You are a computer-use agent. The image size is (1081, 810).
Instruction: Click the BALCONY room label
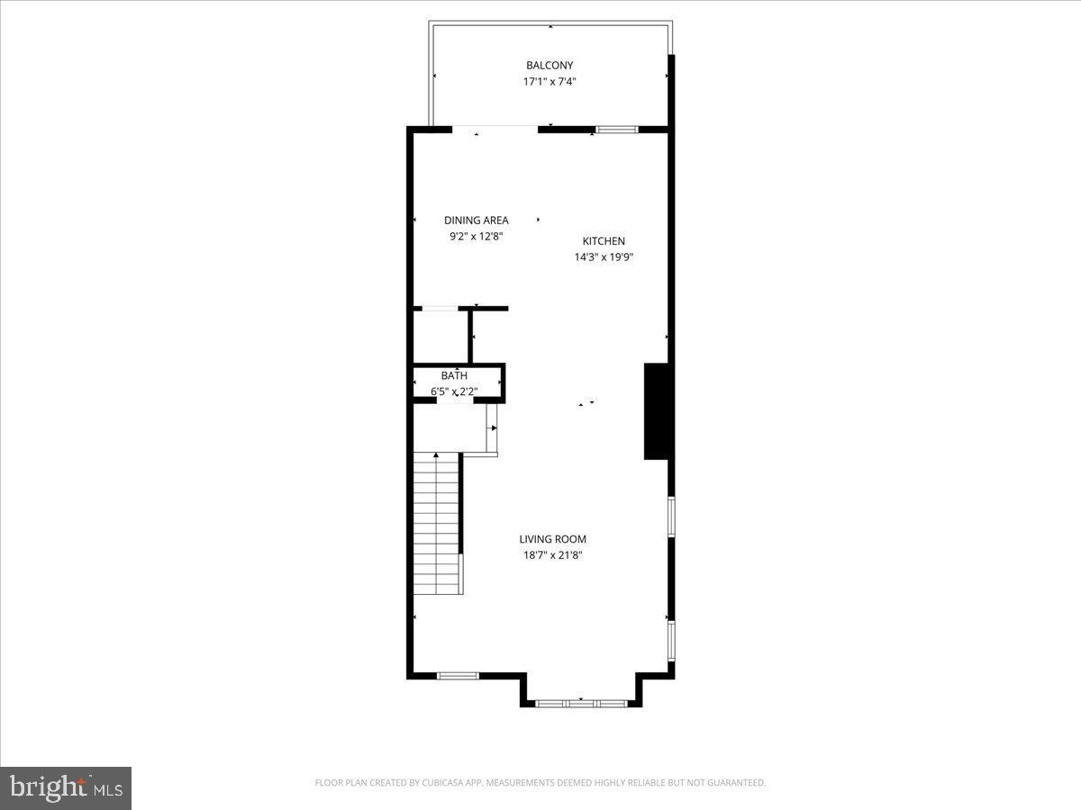point(550,65)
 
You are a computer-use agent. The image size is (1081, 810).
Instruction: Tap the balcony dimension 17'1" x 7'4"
point(550,81)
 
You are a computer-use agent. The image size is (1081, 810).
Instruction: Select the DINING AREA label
point(477,220)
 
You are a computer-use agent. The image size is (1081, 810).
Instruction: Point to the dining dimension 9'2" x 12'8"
point(477,236)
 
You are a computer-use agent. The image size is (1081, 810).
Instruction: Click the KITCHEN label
point(604,240)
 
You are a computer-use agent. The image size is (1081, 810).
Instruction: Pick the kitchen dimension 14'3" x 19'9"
point(604,256)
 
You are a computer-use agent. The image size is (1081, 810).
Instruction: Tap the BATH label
point(455,375)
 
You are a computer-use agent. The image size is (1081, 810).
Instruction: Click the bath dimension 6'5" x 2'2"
point(455,391)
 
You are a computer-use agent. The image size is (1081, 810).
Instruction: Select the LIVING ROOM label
point(552,539)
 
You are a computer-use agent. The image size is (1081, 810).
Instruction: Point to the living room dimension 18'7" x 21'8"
point(552,555)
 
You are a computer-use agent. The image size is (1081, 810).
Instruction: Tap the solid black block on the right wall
point(656,411)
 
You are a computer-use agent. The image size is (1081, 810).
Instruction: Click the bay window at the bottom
point(581,703)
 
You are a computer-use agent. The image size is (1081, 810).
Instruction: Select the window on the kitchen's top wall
point(617,130)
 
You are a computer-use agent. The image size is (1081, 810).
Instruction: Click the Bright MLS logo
point(66,787)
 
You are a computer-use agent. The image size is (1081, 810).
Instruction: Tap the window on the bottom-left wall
point(458,675)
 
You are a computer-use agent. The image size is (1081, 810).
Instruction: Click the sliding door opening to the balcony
point(495,128)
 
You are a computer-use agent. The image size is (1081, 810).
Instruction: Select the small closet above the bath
point(441,336)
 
